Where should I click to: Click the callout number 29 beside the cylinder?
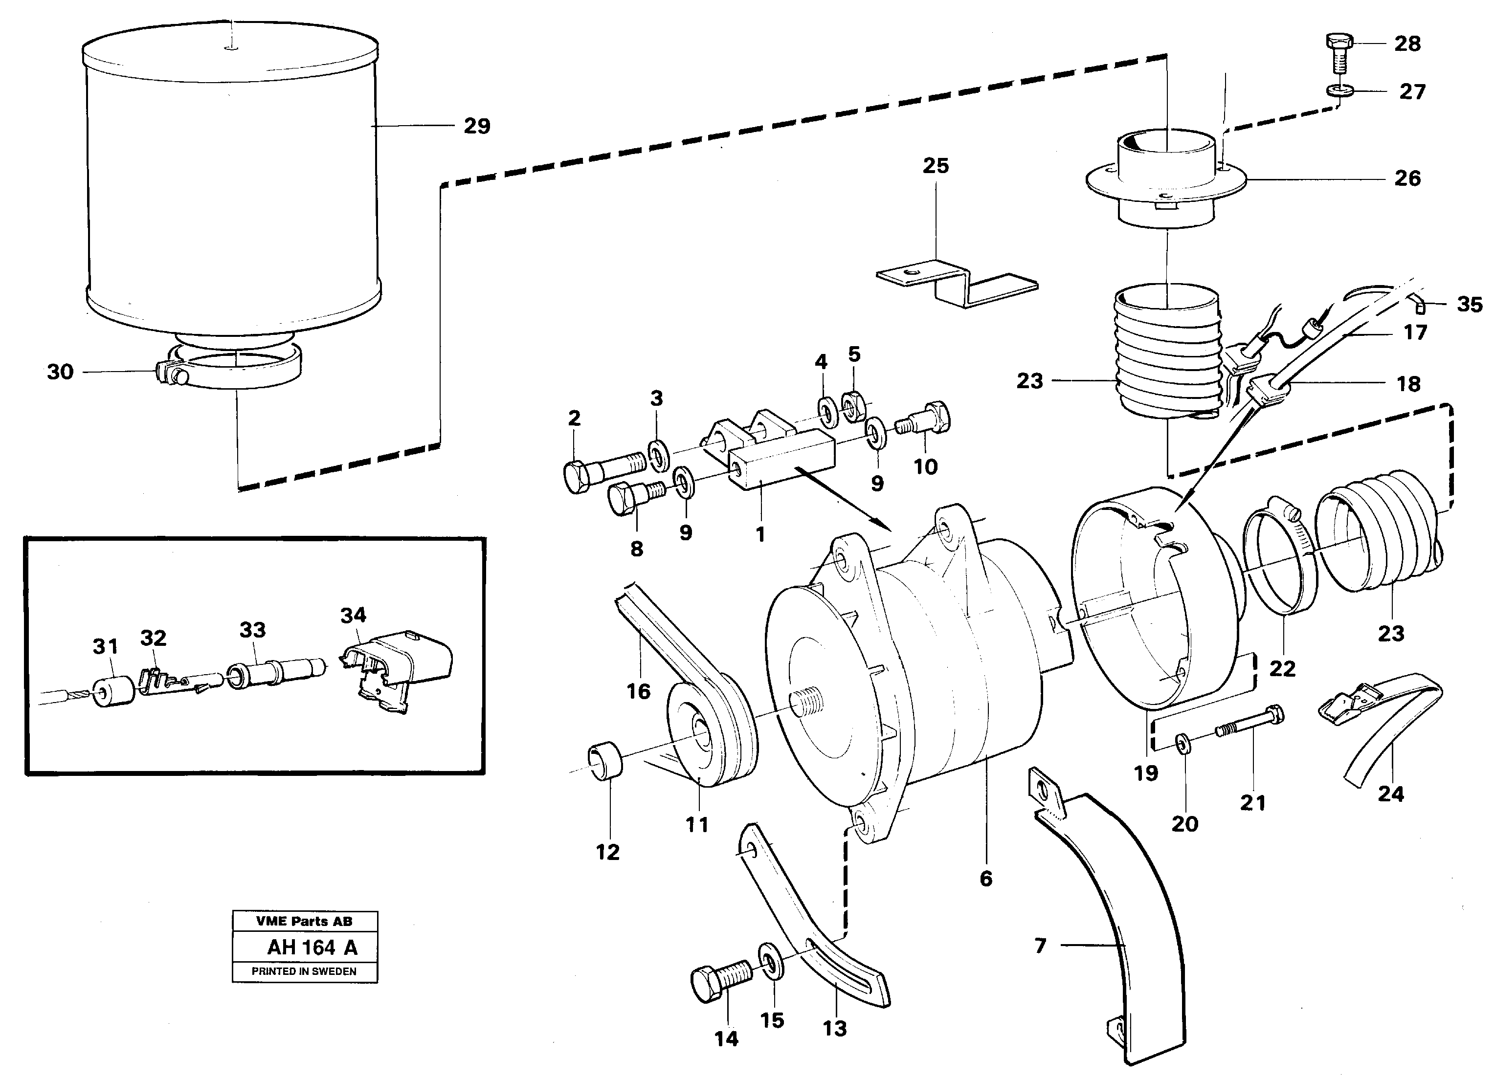pos(477,126)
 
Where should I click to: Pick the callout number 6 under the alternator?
pos(985,879)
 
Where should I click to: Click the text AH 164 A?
pos(312,948)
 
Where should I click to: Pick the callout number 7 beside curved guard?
pos(1040,946)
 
